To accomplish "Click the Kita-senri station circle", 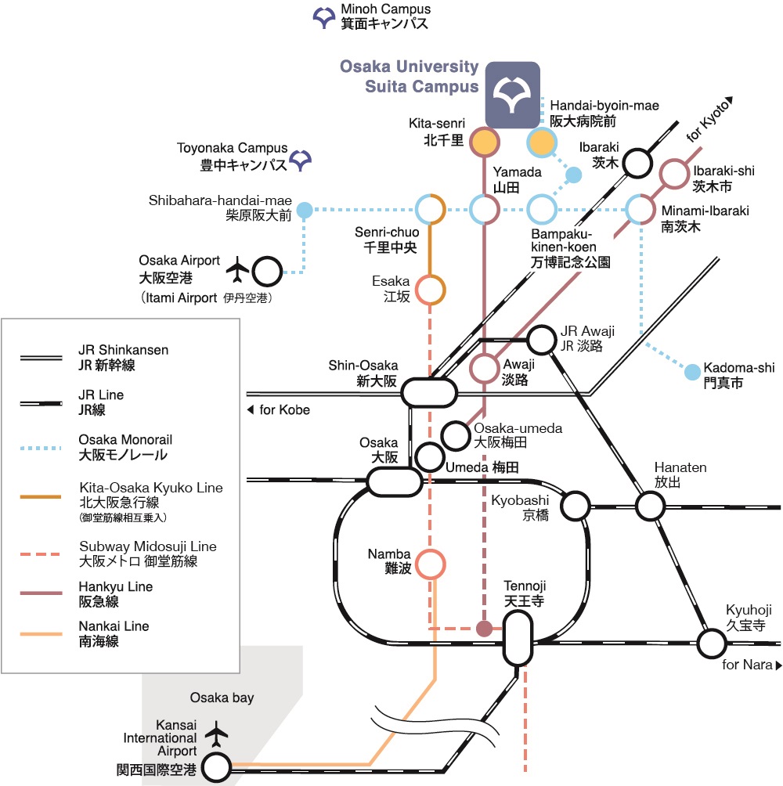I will pyautogui.click(x=485, y=142).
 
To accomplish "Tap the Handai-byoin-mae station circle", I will pyautogui.click(x=541, y=143).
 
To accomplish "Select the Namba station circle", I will pyautogui.click(x=430, y=564).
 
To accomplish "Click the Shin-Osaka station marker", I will pyautogui.click(x=430, y=391).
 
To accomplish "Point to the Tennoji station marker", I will pyautogui.click(x=518, y=637).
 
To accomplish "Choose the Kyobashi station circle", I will pyautogui.click(x=576, y=506).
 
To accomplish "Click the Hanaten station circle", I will pyautogui.click(x=649, y=506).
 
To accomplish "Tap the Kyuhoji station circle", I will pyautogui.click(x=712, y=644).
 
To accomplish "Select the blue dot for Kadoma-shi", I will pyautogui.click(x=692, y=372).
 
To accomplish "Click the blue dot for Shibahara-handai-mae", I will pyautogui.click(x=305, y=210).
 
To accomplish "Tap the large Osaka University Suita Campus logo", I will pyautogui.click(x=512, y=94).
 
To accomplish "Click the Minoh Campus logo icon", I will pyautogui.click(x=324, y=16).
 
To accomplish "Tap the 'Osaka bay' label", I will pyautogui.click(x=222, y=698).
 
